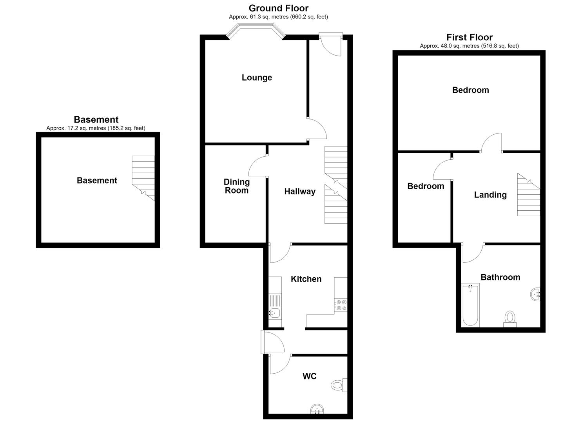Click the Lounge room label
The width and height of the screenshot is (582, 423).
pyautogui.click(x=257, y=78)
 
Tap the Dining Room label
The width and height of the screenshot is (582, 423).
pyautogui.click(x=237, y=186)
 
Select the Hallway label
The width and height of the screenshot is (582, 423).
pyautogui.click(x=300, y=192)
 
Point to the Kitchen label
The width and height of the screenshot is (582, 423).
pyautogui.click(x=306, y=279)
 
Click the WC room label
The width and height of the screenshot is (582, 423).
pyautogui.click(x=310, y=376)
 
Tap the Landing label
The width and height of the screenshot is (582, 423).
pyautogui.click(x=490, y=195)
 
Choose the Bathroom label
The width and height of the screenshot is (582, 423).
pyautogui.click(x=500, y=277)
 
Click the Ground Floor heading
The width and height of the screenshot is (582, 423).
pyautogui.click(x=279, y=8)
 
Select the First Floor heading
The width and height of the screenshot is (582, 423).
pyautogui.click(x=470, y=37)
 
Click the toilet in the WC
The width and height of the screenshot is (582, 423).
pyautogui.click(x=339, y=385)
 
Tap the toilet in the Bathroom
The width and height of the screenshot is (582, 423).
pyautogui.click(x=510, y=319)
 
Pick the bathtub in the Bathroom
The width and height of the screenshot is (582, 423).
pyautogui.click(x=470, y=305)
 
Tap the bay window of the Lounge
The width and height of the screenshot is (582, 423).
pyautogui.click(x=256, y=31)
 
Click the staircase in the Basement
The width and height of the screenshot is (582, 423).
pyautogui.click(x=143, y=178)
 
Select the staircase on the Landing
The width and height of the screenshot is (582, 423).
pyautogui.click(x=529, y=195)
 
